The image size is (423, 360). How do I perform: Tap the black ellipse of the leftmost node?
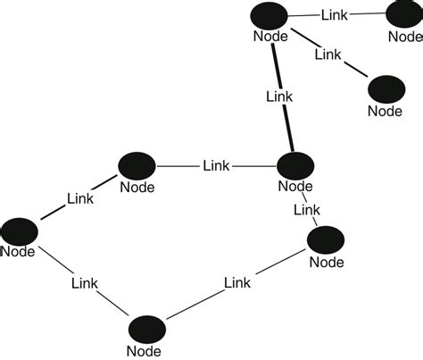(19, 230)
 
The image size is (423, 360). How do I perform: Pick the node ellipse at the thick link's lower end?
(295, 166)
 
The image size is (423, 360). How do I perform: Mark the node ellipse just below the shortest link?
(326, 239)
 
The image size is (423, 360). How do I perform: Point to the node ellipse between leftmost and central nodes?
(137, 165)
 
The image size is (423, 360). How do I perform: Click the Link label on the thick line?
(279, 94)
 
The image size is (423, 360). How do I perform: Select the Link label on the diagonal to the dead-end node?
(328, 54)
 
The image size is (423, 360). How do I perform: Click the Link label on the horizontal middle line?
(216, 165)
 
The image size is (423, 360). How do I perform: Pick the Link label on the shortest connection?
(307, 209)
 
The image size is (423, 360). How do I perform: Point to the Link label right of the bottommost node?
(236, 282)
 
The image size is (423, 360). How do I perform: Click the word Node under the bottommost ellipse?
(145, 351)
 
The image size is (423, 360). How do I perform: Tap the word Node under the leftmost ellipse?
(17, 251)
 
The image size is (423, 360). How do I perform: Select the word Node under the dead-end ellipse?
(386, 112)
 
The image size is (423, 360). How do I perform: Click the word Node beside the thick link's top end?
(270, 37)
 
